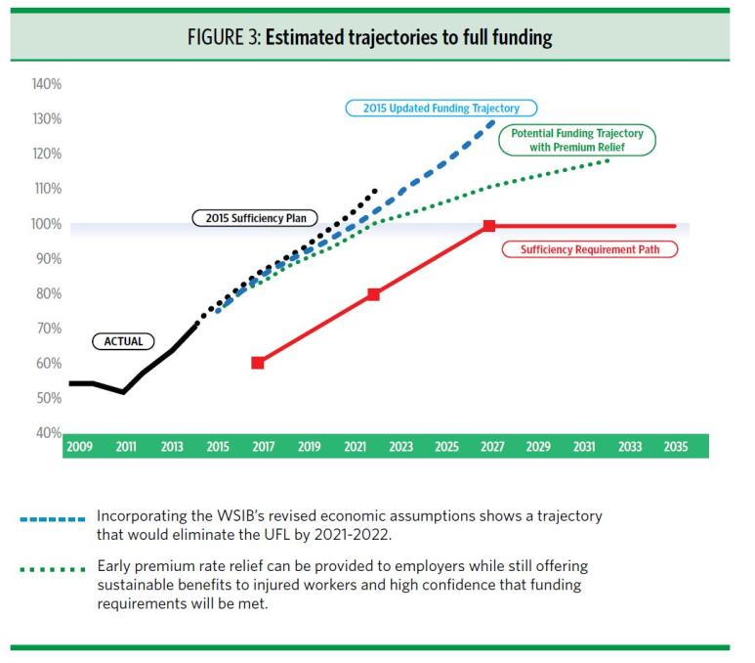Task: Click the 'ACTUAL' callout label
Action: pos(124,341)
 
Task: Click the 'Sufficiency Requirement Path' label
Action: pos(589,249)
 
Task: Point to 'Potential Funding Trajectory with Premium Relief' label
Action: pos(576,140)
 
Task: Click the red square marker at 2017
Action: pos(258,363)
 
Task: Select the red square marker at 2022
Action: pos(373,293)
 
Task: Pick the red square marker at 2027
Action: pos(489,226)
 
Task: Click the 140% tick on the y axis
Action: pos(45,85)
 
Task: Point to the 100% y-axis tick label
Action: pos(45,224)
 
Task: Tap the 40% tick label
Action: pos(47,432)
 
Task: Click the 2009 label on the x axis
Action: pos(80,447)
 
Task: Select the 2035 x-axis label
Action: pos(675,447)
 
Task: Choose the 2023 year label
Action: pos(400,447)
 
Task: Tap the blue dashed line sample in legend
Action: pos(51,518)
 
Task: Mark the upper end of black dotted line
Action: pos(374,192)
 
